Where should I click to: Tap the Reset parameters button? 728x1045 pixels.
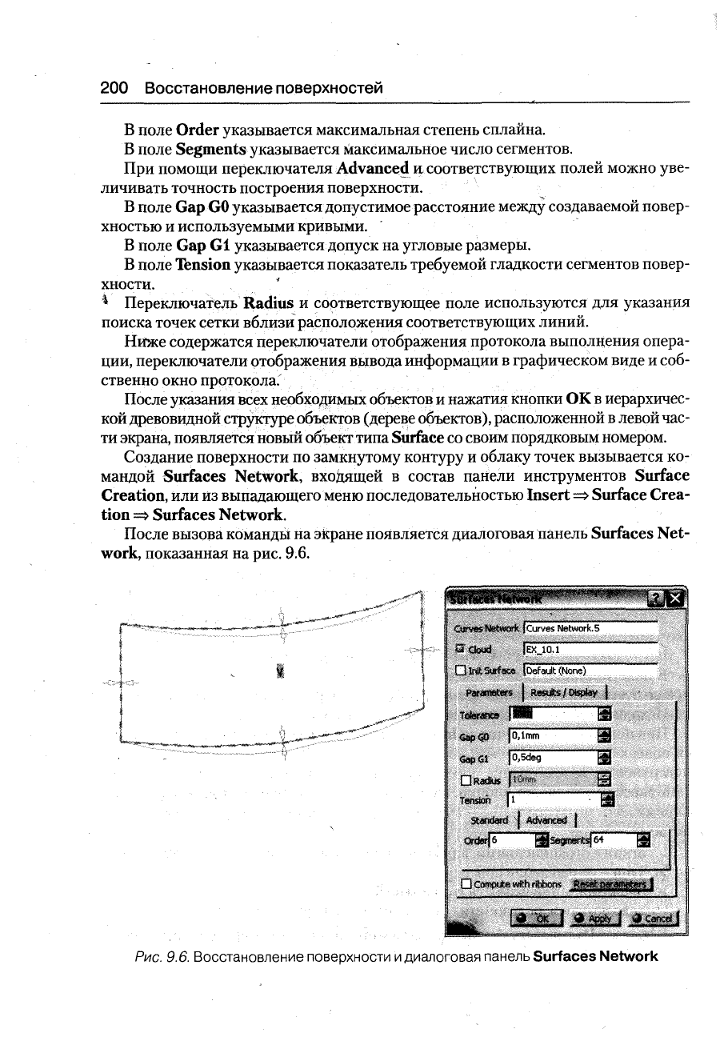pos(613,883)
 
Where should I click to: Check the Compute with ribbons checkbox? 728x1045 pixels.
pos(466,884)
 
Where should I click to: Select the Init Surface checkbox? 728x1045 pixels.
pos(460,671)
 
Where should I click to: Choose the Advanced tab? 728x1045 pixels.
pos(546,820)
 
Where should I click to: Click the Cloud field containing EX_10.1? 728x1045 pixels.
pos(590,649)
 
